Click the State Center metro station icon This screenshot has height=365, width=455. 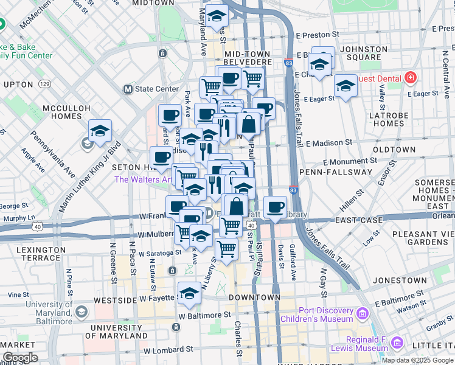(128, 89)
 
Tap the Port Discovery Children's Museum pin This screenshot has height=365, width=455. (363, 315)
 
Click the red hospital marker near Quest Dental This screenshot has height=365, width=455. (411, 78)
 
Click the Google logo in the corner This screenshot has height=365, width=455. (20, 358)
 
